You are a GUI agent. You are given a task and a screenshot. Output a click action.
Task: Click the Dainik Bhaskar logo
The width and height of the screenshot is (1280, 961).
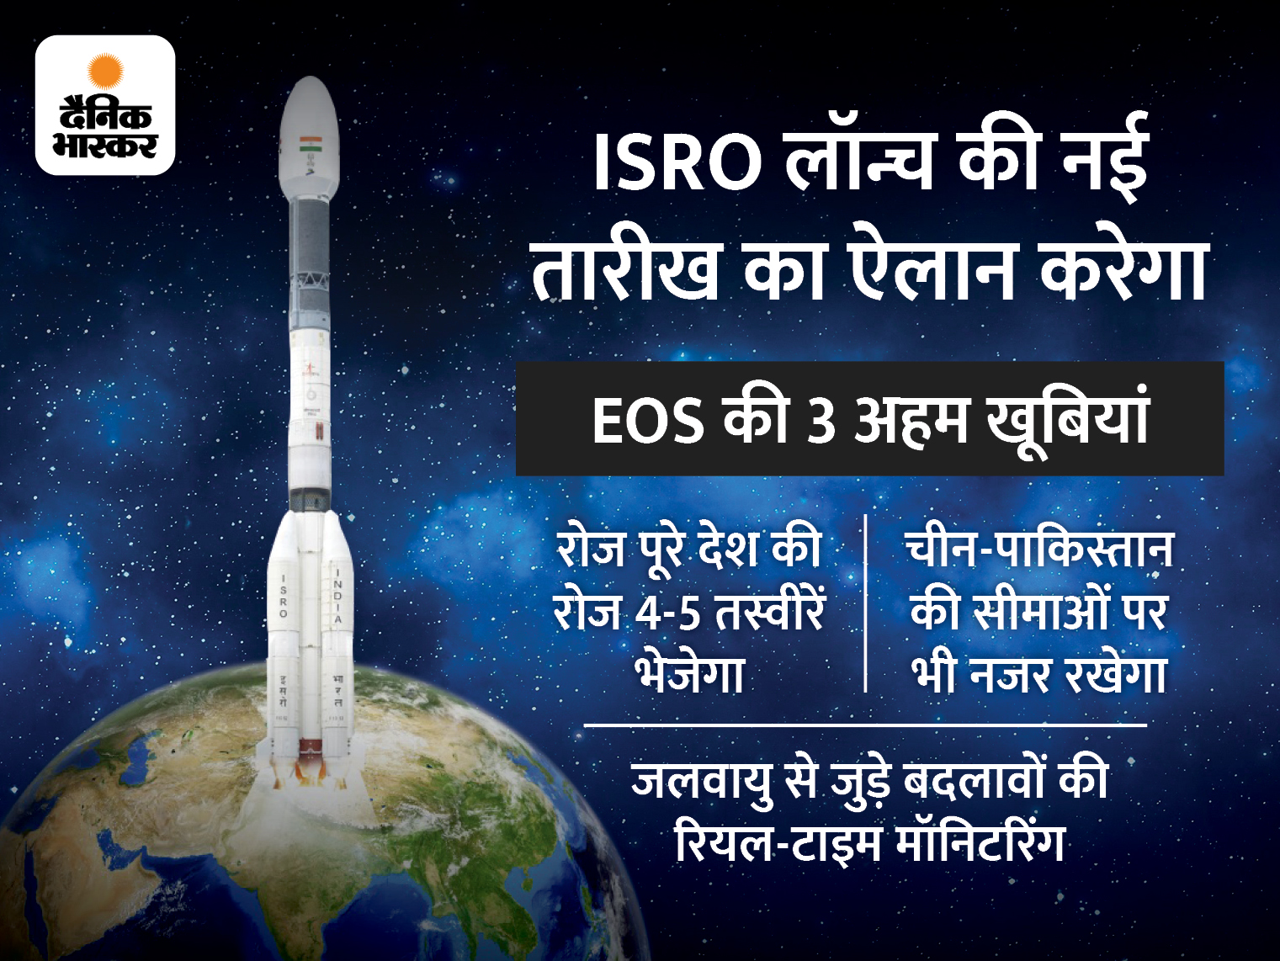click(x=105, y=105)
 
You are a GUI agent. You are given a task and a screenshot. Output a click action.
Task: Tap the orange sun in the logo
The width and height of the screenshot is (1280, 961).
click(x=105, y=71)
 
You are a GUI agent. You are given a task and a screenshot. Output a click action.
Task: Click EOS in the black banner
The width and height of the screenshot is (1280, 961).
click(x=648, y=420)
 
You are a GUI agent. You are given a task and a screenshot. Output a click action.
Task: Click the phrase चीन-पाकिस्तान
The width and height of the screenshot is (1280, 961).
click(x=1039, y=550)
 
